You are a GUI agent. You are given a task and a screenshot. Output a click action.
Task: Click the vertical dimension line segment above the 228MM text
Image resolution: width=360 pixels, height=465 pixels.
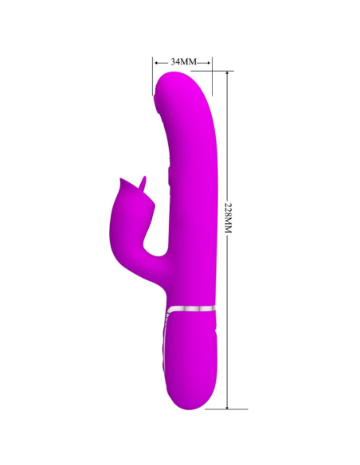tap(229, 135)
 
